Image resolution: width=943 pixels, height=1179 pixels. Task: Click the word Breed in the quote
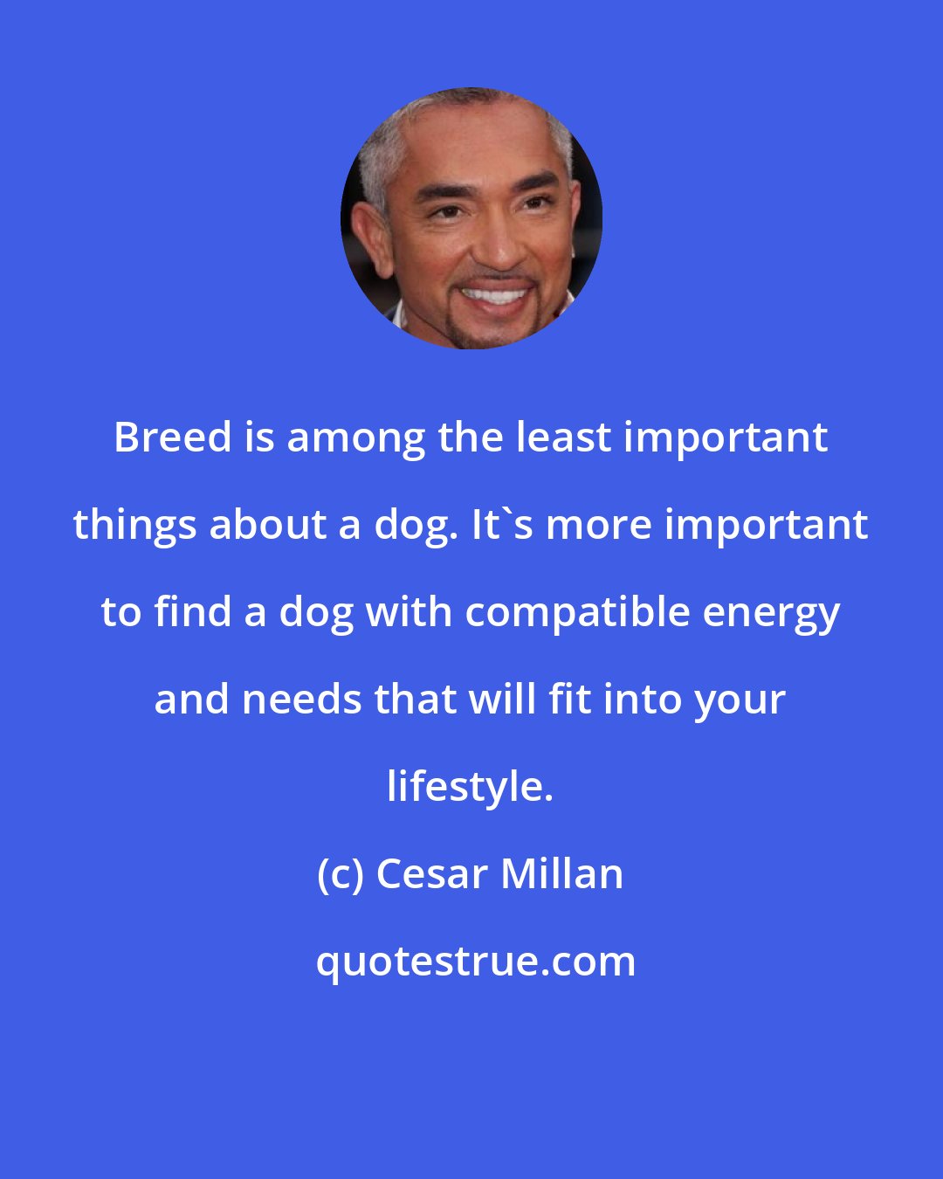click(173, 437)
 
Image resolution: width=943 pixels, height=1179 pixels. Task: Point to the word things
click(135, 524)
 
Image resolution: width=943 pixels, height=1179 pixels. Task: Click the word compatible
click(578, 611)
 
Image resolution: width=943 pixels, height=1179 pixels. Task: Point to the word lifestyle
click(470, 786)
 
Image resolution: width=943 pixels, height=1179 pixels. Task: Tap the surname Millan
click(562, 873)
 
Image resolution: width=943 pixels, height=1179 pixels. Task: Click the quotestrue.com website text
click(476, 961)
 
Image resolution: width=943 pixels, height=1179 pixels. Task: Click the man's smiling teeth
click(494, 294)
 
